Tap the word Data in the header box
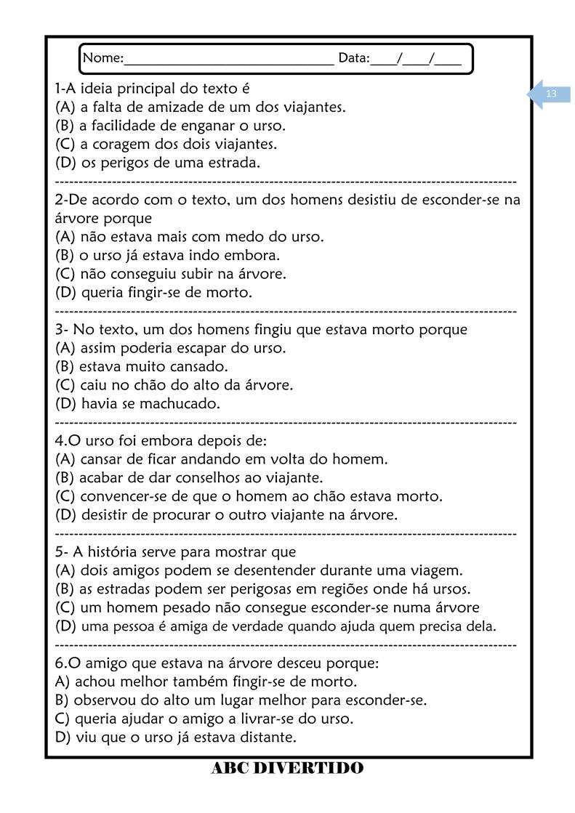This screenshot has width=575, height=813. click(353, 58)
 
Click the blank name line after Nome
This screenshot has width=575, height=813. click(228, 61)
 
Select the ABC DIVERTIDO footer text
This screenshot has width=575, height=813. click(287, 768)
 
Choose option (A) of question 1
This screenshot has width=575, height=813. click(200, 108)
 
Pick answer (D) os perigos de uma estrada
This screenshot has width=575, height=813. click(157, 163)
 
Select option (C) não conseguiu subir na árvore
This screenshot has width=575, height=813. click(171, 274)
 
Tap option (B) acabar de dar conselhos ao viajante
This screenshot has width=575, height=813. click(189, 477)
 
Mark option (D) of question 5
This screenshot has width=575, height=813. click(276, 626)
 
